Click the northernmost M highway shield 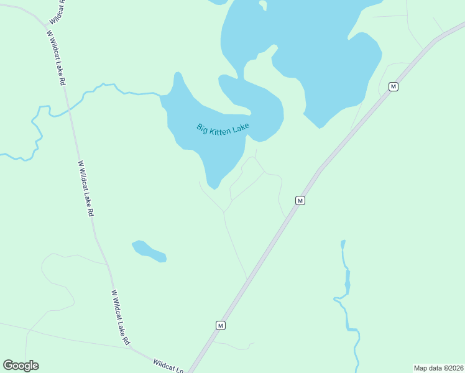(x=393, y=86)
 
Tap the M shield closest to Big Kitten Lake (x=300, y=200)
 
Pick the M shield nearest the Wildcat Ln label (x=220, y=325)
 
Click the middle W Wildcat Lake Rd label (x=86, y=188)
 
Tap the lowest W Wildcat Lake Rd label (x=121, y=317)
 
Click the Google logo (x=21, y=366)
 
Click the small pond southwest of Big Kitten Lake (x=149, y=251)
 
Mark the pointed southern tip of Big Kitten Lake (x=214, y=187)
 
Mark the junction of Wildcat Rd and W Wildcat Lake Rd (x=45, y=24)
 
